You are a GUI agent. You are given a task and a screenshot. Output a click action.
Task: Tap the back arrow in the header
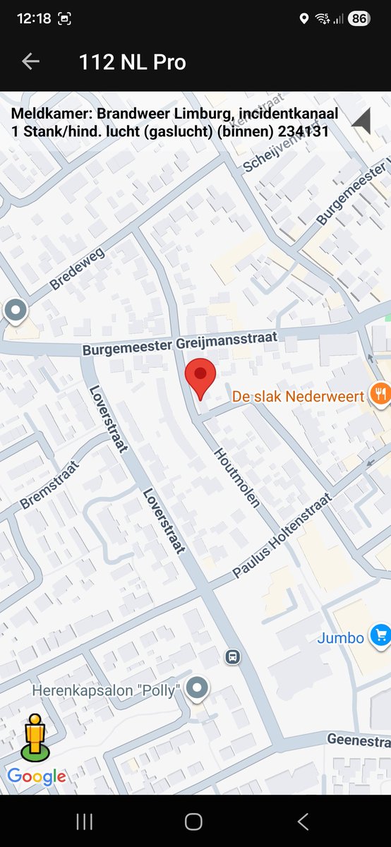[30, 62]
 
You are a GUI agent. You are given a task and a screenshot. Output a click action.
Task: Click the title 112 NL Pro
[133, 62]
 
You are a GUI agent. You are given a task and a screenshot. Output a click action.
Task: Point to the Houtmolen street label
[237, 477]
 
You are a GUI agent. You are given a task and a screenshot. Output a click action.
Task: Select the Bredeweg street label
[77, 270]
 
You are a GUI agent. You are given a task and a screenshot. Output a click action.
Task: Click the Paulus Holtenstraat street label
[282, 536]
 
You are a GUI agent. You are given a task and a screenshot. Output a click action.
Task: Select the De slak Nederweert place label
[298, 395]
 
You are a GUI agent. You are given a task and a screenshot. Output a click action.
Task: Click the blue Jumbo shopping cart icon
[381, 637]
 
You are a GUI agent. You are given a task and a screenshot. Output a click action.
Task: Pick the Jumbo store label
[340, 638]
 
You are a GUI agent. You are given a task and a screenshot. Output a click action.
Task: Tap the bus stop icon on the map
[231, 657]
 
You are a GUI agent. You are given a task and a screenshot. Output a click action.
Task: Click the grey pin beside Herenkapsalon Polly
[198, 689]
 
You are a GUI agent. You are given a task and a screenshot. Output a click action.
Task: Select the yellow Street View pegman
[34, 737]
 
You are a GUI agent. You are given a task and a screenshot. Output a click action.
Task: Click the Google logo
[37, 777]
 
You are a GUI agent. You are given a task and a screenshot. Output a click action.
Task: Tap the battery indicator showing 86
[359, 19]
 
